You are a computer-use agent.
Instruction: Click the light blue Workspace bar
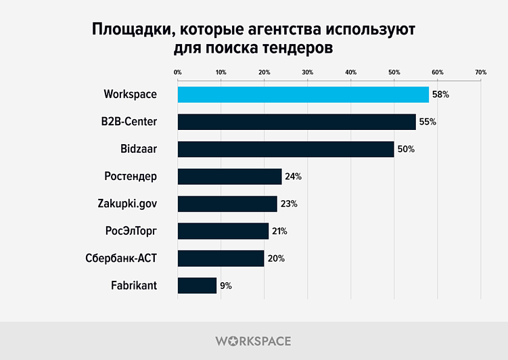click(x=303, y=94)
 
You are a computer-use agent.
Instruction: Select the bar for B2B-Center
click(x=296, y=122)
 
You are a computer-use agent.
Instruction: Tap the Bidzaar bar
click(x=285, y=149)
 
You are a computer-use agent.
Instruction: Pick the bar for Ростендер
click(x=229, y=177)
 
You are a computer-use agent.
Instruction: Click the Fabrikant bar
click(x=197, y=286)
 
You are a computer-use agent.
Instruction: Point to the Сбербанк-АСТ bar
click(x=221, y=258)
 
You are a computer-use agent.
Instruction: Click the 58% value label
click(x=440, y=95)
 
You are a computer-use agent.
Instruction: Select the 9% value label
click(x=226, y=286)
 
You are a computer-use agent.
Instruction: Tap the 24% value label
click(x=293, y=177)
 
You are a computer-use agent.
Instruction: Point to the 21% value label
click(x=279, y=231)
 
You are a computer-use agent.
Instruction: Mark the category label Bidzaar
click(x=138, y=149)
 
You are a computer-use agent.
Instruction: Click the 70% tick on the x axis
click(x=480, y=72)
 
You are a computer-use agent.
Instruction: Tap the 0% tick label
click(x=178, y=72)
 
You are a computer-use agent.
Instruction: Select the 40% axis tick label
click(x=350, y=72)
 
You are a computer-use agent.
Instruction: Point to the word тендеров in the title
click(x=297, y=49)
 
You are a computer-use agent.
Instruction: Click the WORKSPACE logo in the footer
click(x=254, y=341)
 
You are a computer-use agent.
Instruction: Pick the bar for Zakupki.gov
click(x=227, y=204)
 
